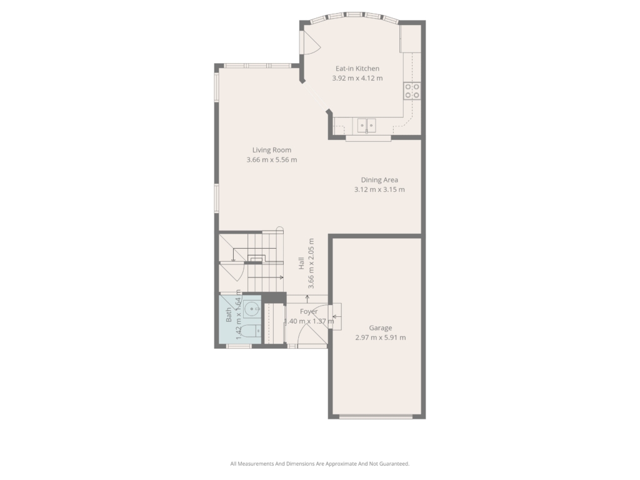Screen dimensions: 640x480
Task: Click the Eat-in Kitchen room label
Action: point(357,69)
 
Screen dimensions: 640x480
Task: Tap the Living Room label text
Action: point(271,150)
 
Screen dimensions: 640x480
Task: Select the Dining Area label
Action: point(379,179)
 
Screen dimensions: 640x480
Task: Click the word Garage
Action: point(381,327)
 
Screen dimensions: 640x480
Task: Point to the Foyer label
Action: point(309,311)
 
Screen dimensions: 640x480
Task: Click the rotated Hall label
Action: point(302,263)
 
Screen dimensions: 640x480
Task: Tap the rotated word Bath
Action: point(229,315)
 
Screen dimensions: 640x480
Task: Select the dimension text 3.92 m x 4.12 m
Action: point(357,78)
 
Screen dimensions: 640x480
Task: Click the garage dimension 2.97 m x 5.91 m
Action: point(381,337)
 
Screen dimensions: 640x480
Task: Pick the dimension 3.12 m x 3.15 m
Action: point(379,189)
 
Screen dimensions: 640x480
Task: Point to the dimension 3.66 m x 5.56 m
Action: point(271,159)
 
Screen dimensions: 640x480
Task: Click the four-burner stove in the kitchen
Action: point(412,91)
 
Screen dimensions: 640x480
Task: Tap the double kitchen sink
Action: point(366,125)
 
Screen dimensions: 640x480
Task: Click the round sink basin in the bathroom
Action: point(252,309)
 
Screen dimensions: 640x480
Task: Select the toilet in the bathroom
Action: point(248,331)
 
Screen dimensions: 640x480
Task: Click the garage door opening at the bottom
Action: point(376,417)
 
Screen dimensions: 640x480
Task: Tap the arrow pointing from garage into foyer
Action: point(337,316)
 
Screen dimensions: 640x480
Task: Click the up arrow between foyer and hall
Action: point(307,298)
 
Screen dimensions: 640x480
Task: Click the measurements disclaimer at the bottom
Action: point(319,464)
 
